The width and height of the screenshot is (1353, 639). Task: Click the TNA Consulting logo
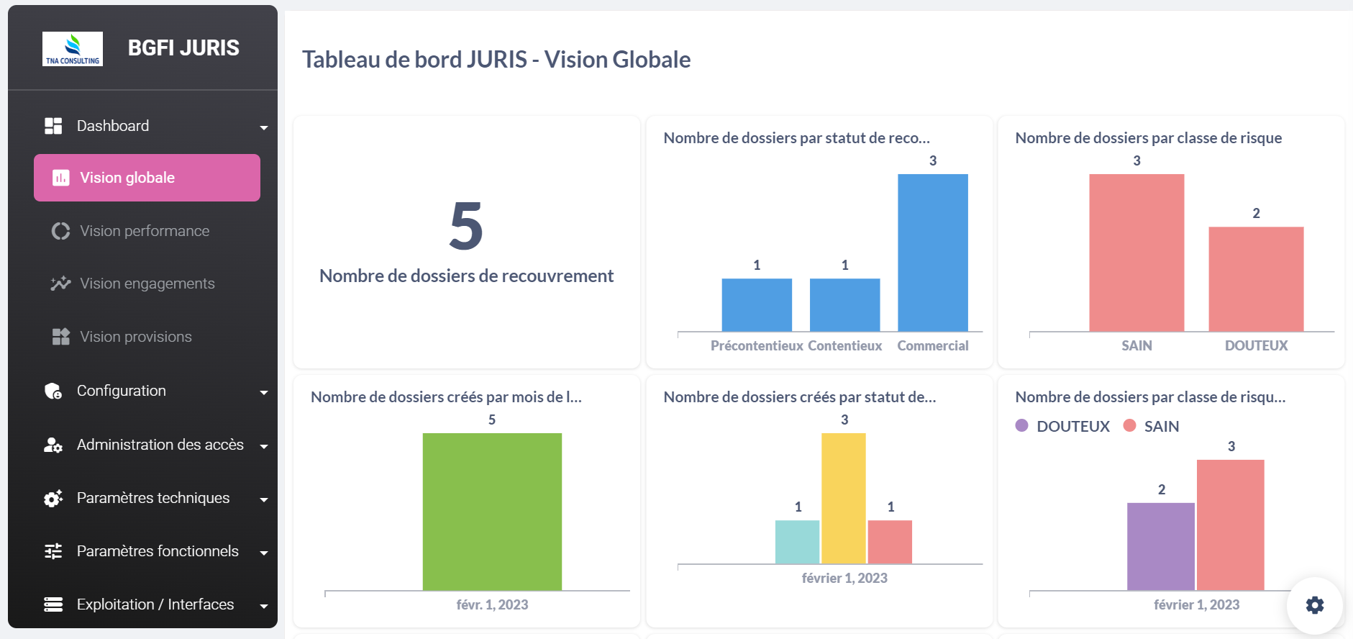pos(73,49)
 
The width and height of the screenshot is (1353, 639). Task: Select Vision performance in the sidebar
pos(145,231)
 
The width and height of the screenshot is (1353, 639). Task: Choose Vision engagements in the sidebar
pos(147,284)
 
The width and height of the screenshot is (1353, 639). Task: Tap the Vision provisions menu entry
pos(135,337)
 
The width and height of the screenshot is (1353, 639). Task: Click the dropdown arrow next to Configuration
pos(264,392)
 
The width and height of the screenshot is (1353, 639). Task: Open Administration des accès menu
pos(160,445)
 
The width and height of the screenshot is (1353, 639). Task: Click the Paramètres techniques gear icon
pos(53,499)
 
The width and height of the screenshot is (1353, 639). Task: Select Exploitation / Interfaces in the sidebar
pos(155,604)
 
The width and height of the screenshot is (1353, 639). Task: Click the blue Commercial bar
pos(932,252)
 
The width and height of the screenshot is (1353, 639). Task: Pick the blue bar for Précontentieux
pos(757,304)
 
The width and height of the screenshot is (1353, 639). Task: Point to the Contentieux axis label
pos(844,346)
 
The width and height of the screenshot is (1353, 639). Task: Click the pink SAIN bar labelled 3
pos(1136,252)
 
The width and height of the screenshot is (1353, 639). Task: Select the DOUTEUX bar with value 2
pos(1256,278)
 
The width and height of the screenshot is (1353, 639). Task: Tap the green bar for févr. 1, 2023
pos(492,511)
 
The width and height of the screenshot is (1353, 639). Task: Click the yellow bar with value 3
pos(843,498)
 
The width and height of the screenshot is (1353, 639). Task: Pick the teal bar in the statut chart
pos(797,541)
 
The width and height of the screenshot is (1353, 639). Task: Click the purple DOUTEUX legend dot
pos(1021,425)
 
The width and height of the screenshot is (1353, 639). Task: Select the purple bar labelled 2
pos(1160,545)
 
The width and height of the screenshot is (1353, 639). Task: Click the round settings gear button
pos(1314,605)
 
